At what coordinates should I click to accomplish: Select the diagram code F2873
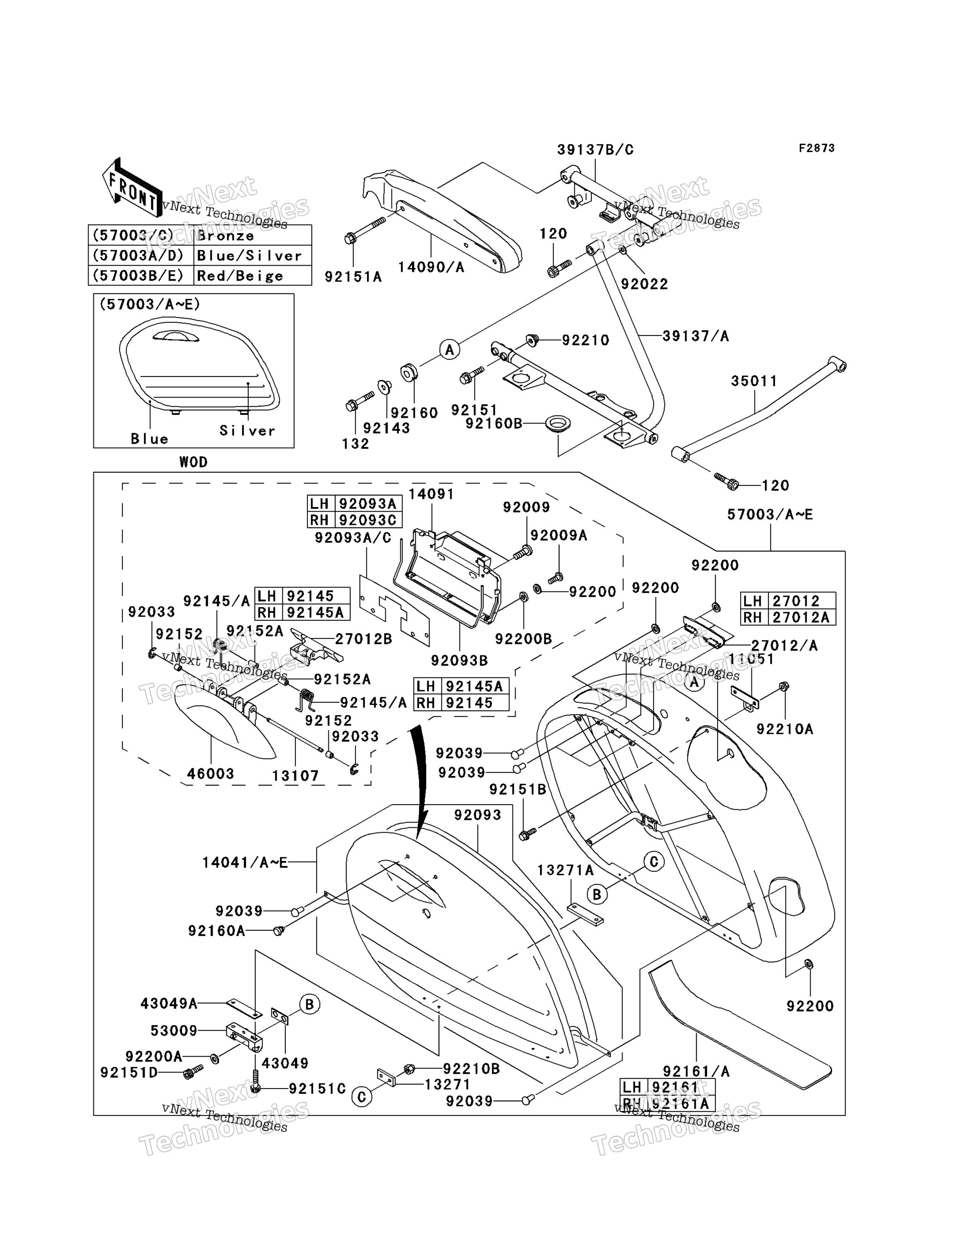tap(817, 148)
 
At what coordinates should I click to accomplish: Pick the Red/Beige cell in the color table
tap(240, 276)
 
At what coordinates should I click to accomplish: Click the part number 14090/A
tap(431, 267)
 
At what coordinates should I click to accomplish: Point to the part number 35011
tap(754, 381)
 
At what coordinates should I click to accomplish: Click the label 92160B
tap(494, 424)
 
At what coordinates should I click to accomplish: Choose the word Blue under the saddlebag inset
tap(149, 439)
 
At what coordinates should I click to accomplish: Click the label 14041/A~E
tap(245, 862)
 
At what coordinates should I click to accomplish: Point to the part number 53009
tap(174, 1030)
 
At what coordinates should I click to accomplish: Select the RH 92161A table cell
tap(668, 1103)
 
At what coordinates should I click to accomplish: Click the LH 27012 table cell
tap(788, 601)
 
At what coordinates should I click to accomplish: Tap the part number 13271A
tap(565, 870)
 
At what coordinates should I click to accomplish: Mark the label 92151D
tap(129, 1072)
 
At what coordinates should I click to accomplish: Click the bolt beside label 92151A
tap(364, 230)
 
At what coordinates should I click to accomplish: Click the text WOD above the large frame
tap(193, 462)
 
